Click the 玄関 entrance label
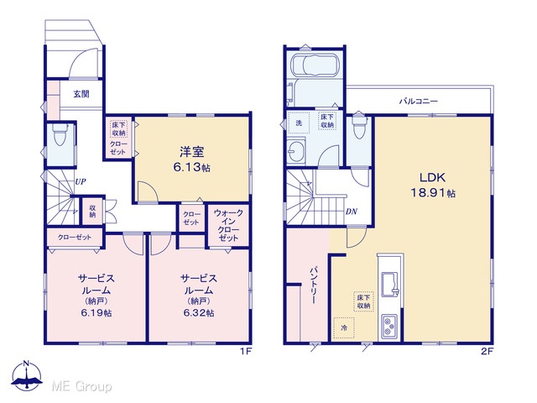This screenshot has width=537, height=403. pos(81,93)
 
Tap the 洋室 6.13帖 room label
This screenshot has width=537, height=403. pos(192,159)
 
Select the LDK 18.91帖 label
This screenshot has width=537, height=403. pos(433,185)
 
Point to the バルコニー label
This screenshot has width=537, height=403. pos(419,101)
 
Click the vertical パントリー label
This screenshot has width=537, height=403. pos(313,285)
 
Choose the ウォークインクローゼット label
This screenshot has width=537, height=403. pos(228,225)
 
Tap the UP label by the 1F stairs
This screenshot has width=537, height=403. pos(81,181)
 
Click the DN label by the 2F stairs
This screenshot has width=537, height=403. pos(352,212)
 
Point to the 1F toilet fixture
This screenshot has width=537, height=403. pos(60,133)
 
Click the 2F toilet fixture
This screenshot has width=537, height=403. pos(358,124)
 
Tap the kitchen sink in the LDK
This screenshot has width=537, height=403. pos(389,285)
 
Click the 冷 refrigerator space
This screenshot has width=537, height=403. pos(344,328)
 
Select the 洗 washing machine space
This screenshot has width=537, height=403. pos(299,123)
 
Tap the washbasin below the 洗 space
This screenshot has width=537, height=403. pos(296,150)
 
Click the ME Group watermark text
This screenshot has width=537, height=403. pos(82,386)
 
